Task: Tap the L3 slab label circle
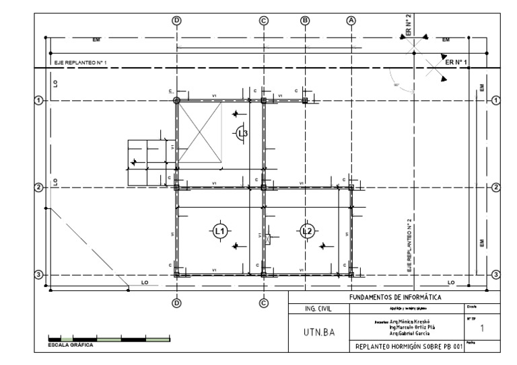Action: (242, 134)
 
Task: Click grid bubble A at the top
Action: (350, 20)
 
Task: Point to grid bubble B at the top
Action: (305, 20)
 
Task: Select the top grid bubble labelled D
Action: (177, 20)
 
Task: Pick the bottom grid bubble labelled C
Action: (264, 302)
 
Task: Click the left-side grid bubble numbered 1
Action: (38, 100)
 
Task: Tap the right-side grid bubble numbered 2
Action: (496, 187)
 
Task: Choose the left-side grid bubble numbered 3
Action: (38, 274)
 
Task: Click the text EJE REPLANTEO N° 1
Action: (80, 63)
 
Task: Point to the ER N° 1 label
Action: (456, 62)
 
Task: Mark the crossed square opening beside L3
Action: (200, 132)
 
